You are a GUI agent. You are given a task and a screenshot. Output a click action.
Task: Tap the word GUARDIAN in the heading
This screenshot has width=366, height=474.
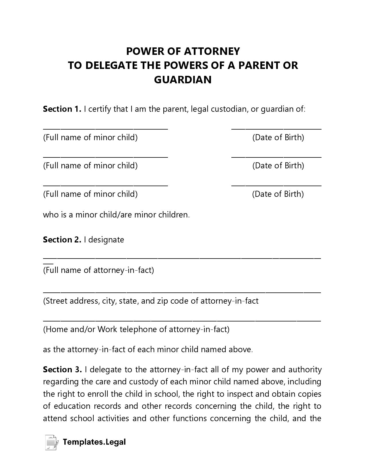[x=183, y=80]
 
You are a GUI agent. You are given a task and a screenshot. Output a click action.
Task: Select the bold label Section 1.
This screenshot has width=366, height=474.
[x=62, y=109]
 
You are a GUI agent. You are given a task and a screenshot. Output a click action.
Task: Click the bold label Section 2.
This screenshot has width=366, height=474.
[x=62, y=240]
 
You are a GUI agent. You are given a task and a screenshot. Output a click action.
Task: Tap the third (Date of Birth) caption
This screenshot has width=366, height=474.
[x=278, y=194]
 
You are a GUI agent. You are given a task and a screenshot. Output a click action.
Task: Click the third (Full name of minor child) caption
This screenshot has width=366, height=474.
[x=90, y=194]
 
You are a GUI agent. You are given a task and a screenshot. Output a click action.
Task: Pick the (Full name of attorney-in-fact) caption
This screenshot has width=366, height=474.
[x=98, y=270]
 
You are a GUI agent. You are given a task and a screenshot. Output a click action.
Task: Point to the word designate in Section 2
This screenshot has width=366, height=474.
[x=106, y=240]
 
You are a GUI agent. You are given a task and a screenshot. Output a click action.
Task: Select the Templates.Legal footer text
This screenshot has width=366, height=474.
[x=94, y=442]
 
